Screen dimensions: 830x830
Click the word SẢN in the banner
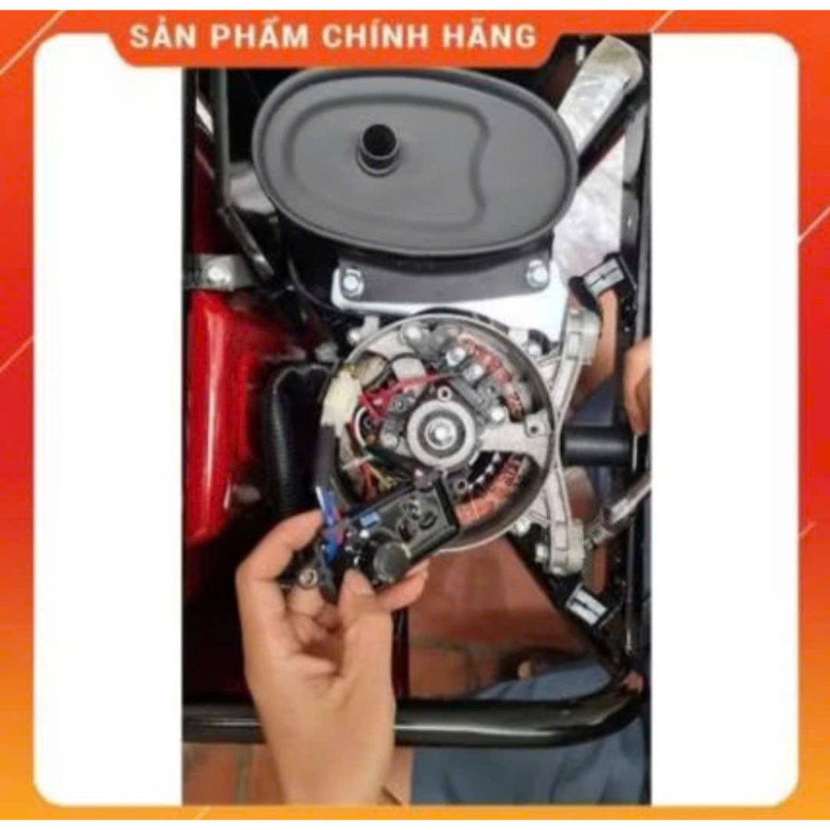[162, 36]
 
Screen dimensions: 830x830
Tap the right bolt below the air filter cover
[537, 273]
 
